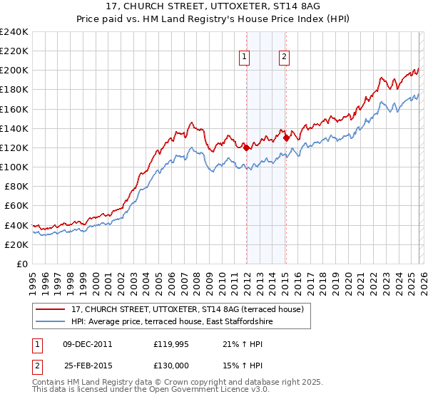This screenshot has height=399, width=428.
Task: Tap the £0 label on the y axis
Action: click(x=22, y=264)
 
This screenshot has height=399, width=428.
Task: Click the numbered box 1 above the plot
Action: click(x=245, y=58)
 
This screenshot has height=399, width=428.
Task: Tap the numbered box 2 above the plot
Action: click(x=285, y=58)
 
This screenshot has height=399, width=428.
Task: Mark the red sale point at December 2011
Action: click(x=246, y=147)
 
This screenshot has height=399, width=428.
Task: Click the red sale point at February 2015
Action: click(x=286, y=138)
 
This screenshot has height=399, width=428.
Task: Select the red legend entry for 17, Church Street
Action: click(x=188, y=309)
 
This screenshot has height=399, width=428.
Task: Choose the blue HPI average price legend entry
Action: click(x=172, y=322)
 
